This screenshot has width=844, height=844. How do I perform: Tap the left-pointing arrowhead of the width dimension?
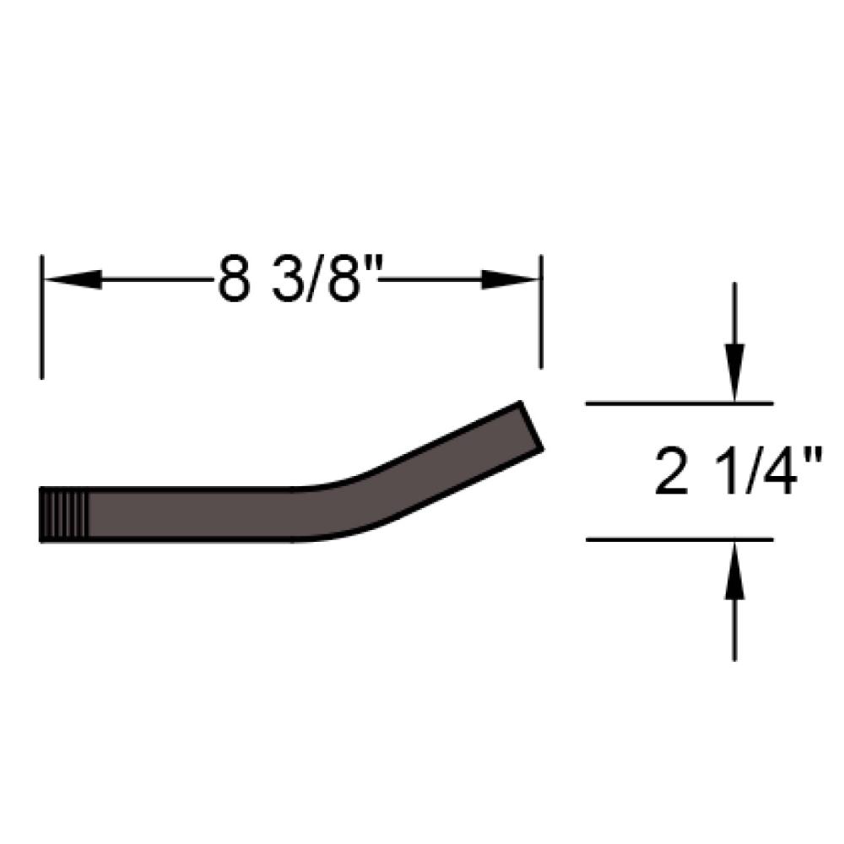click(73, 279)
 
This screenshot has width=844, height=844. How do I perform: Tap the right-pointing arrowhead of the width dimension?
click(509, 279)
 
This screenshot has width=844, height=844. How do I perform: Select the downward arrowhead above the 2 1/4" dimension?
click(735, 372)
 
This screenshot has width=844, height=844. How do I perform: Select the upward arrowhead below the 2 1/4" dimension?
click(735, 570)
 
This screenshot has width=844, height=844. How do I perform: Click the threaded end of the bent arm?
click(64, 515)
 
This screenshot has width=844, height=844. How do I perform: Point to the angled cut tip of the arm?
click(531, 426)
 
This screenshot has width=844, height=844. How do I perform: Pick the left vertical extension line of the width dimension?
click(41, 317)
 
